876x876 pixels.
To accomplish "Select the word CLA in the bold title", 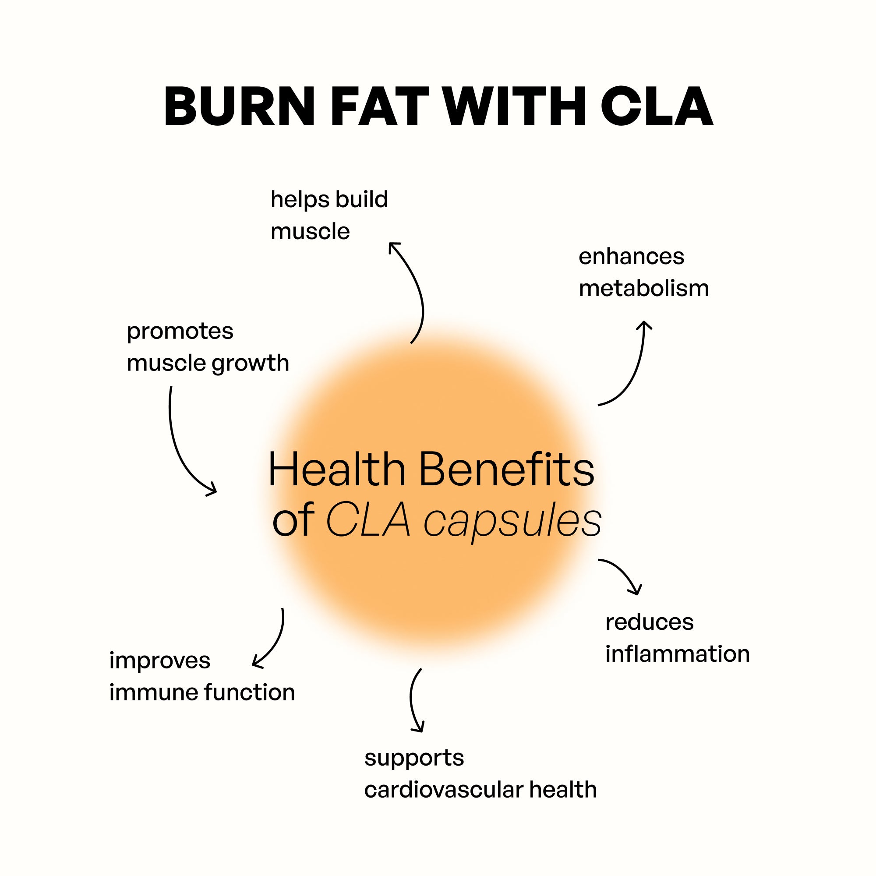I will [657, 106].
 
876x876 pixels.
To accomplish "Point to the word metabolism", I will [644, 288].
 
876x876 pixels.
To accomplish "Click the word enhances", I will [631, 257].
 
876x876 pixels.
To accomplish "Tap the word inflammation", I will [678, 654].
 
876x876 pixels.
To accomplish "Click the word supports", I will [414, 758].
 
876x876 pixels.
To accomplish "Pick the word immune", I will [153, 692].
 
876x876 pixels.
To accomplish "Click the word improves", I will [159, 661].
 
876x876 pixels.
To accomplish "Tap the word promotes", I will [180, 331].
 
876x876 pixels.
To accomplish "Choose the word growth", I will [250, 364].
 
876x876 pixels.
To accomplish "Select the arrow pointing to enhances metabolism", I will [632, 367].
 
